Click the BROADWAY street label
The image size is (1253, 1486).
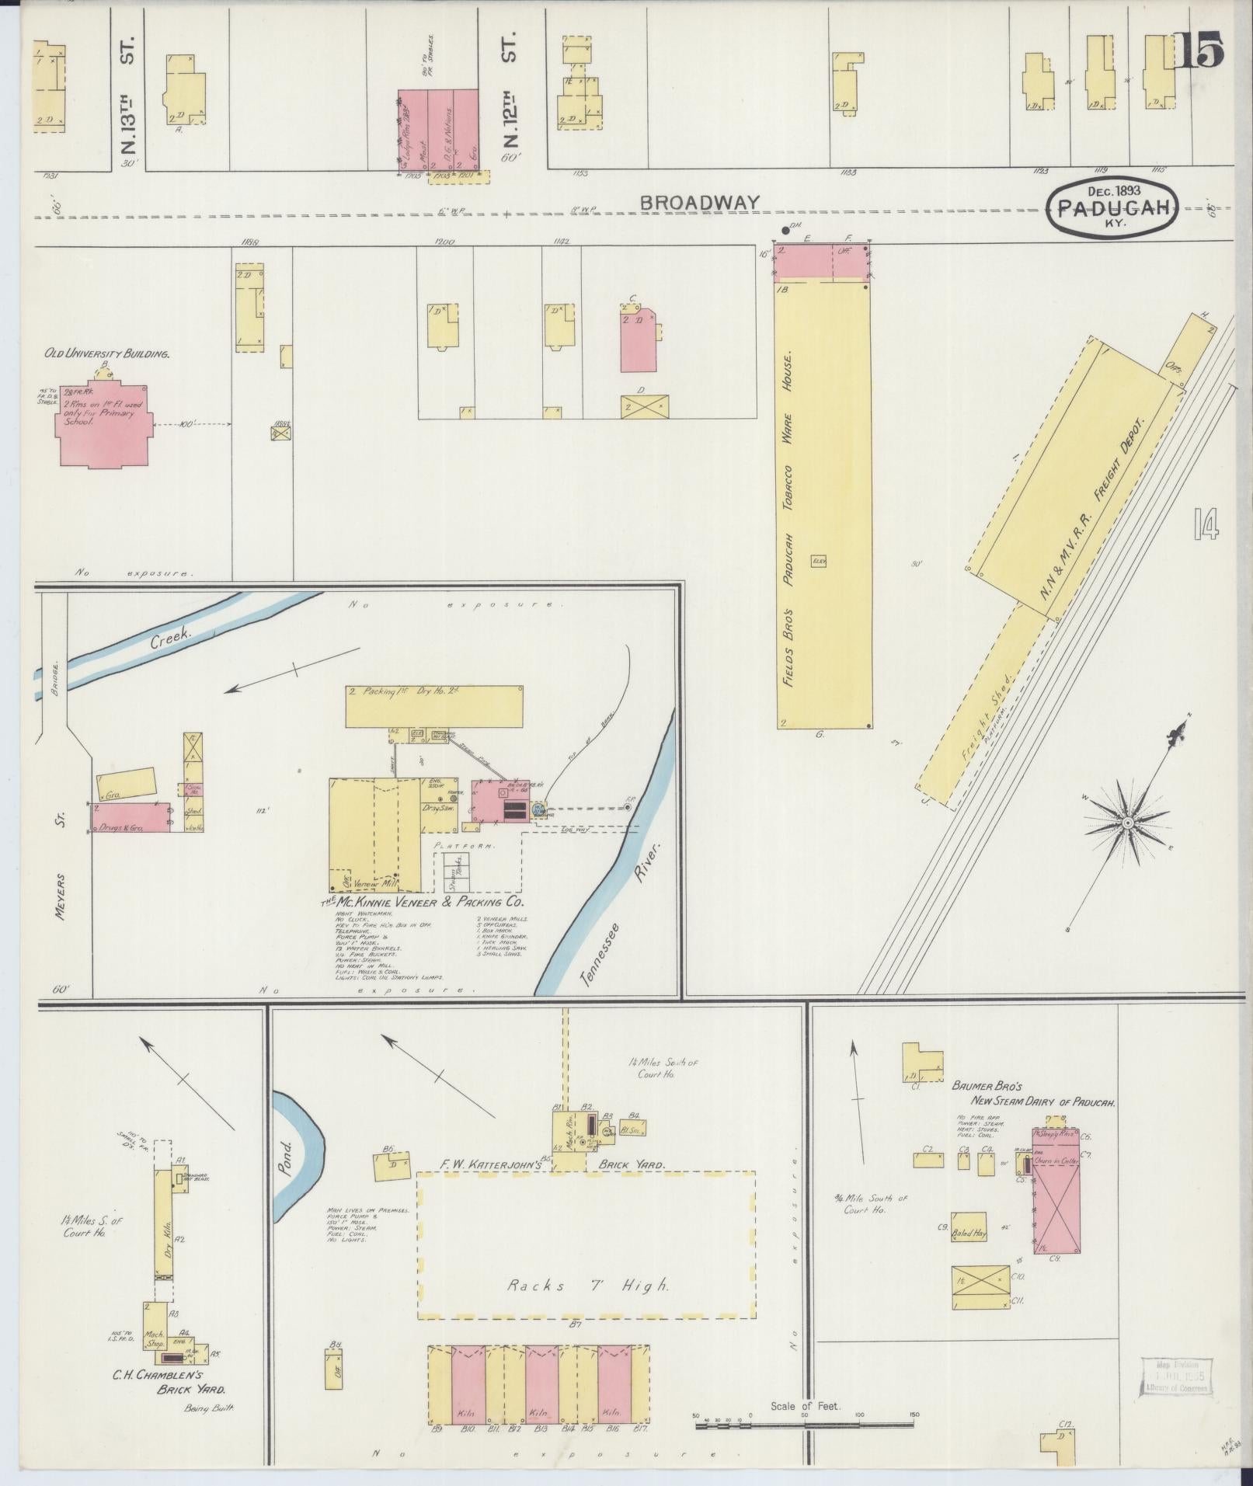pos(699,203)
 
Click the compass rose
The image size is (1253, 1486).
pos(1127,822)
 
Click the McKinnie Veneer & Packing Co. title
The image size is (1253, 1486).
pos(423,903)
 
